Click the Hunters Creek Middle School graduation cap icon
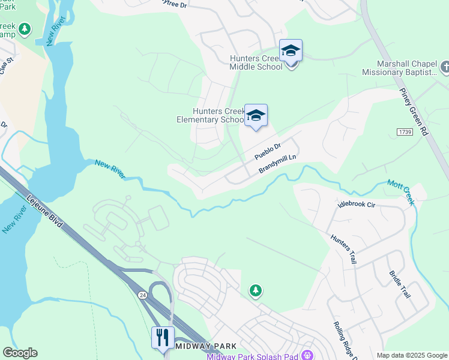tap(291, 51)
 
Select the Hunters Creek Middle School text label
tap(256, 62)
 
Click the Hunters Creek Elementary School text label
tap(210, 115)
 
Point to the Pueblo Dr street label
tap(268, 151)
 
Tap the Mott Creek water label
tap(400, 192)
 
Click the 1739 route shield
tap(405, 131)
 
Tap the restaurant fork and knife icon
tap(163, 337)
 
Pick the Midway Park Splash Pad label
tap(253, 356)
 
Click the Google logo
tap(20, 353)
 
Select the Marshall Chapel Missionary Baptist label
tap(399, 68)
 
